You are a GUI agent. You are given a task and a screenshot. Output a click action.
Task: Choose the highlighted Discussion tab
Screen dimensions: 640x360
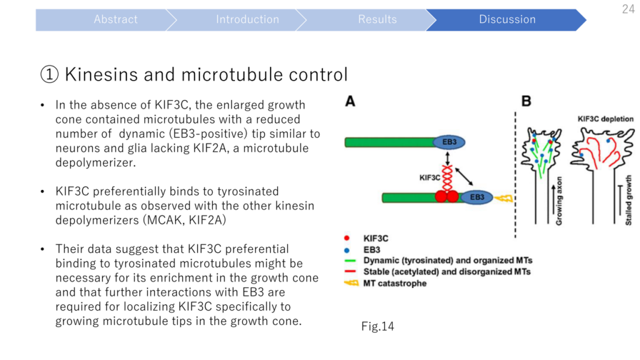pos(507,19)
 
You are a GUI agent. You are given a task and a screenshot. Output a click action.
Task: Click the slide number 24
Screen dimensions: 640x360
pos(628,9)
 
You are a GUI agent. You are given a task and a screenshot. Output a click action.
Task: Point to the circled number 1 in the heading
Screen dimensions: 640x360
pos(49,75)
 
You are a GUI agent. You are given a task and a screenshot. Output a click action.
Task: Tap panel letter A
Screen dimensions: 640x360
pos(350,101)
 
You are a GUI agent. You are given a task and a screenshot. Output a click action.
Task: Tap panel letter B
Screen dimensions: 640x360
pos(526,101)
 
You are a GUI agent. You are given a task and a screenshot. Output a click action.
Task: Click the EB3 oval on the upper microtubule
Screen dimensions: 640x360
pos(449,142)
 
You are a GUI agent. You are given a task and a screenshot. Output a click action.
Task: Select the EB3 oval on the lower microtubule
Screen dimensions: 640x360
pos(477,197)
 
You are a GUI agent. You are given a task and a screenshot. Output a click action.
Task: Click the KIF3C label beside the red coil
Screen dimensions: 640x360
pos(430,177)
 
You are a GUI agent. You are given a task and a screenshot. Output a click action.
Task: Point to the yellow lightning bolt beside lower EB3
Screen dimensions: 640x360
pos(503,198)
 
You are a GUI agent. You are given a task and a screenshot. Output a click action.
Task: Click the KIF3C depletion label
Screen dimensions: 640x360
pos(605,119)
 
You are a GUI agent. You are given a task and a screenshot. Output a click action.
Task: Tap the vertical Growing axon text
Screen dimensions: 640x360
pos(559,201)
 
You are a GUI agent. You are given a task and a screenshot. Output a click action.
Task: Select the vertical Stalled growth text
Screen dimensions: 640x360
pos(628,201)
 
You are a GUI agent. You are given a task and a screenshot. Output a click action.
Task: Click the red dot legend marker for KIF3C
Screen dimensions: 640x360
pos(346,238)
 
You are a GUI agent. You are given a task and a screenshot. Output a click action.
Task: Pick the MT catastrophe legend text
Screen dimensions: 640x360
pos(395,283)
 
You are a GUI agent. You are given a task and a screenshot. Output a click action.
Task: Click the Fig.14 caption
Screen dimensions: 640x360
pos(377,326)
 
